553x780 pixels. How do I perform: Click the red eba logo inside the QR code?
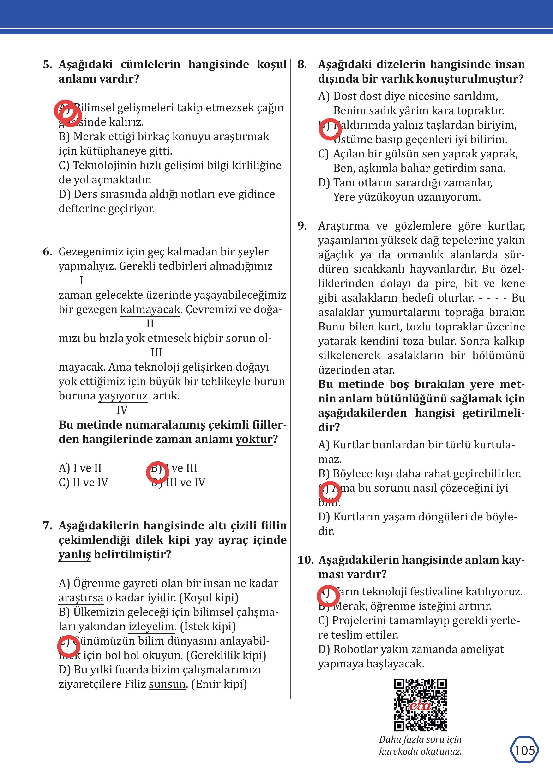pos(420,705)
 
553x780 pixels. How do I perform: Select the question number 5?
pos(47,64)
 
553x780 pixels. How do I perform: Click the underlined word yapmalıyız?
pos(86,266)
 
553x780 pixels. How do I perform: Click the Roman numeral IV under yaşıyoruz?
pos(122,410)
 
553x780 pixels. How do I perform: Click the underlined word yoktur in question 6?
pos(254,439)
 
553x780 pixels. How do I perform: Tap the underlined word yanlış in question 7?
pos(75,555)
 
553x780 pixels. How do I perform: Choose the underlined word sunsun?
pos(167,684)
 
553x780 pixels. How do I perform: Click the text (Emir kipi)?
pos(219,684)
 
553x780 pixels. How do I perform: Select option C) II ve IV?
pos(84,482)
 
